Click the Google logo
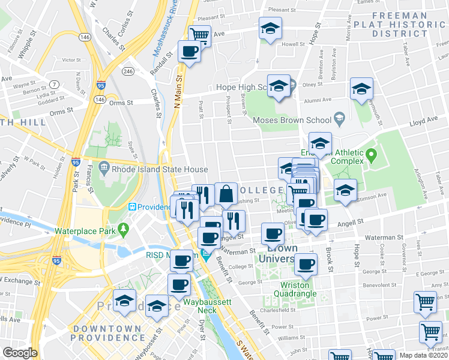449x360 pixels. [20, 353]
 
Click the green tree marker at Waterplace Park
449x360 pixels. [124, 229]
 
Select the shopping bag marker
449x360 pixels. [226, 194]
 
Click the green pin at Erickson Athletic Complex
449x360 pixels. [371, 157]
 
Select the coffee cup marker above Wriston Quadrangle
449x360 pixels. [306, 263]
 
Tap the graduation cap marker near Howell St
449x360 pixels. [270, 28]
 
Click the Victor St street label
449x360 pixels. [71, 60]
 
